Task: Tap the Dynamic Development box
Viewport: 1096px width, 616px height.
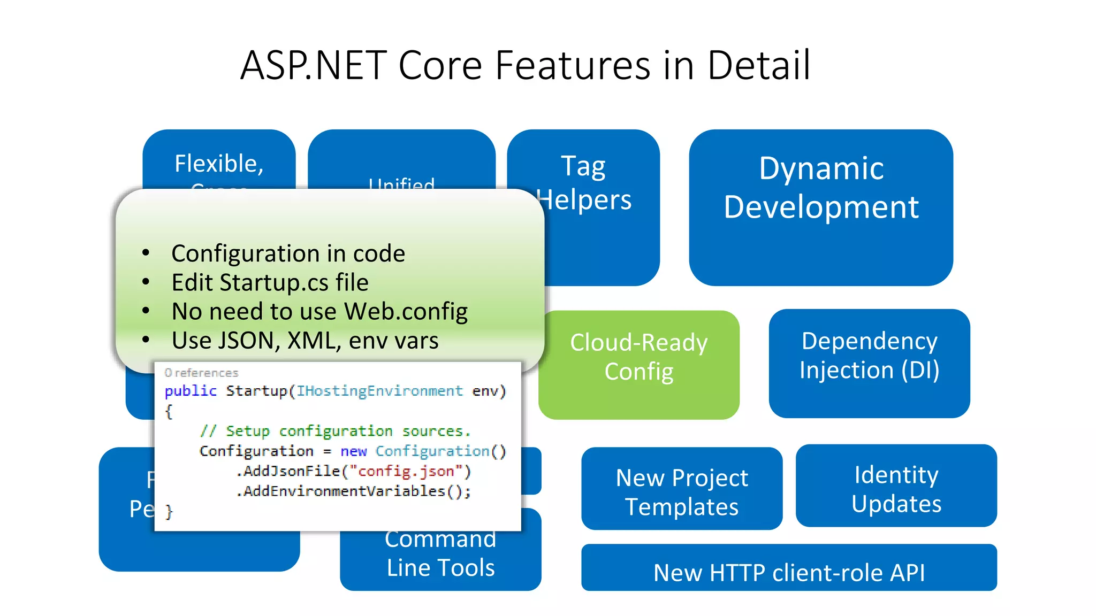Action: tap(820, 207)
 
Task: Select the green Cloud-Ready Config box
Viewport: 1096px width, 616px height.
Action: tap(638, 365)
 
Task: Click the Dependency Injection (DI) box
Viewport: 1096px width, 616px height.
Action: tap(869, 364)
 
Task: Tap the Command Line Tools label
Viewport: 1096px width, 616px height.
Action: tap(440, 554)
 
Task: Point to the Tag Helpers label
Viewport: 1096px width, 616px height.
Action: tap(583, 183)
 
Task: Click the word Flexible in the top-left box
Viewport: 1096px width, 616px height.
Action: tap(218, 163)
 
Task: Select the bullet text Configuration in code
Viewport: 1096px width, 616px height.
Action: tap(288, 253)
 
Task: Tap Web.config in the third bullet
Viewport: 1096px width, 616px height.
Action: tap(406, 311)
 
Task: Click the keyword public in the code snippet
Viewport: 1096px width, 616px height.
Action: tap(190, 391)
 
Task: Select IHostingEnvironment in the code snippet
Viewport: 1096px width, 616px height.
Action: tap(379, 391)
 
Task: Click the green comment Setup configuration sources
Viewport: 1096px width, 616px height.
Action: tap(335, 431)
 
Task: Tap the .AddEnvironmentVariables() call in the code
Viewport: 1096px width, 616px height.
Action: tap(353, 491)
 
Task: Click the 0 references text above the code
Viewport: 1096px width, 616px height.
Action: tap(201, 373)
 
